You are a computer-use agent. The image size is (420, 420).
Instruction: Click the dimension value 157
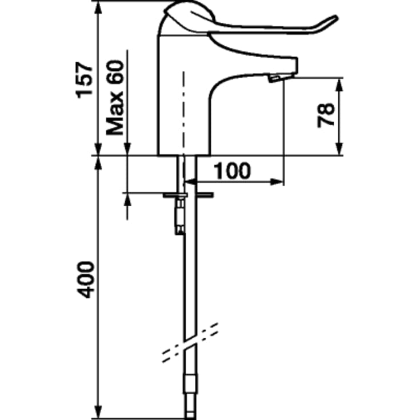(85, 80)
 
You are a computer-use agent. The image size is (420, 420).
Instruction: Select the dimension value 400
(85, 280)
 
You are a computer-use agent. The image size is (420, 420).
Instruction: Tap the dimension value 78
(326, 115)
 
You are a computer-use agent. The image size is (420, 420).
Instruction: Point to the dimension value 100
(232, 171)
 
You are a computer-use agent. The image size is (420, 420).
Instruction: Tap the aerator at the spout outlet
(274, 79)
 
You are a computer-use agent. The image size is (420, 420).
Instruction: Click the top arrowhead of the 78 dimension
(339, 85)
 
